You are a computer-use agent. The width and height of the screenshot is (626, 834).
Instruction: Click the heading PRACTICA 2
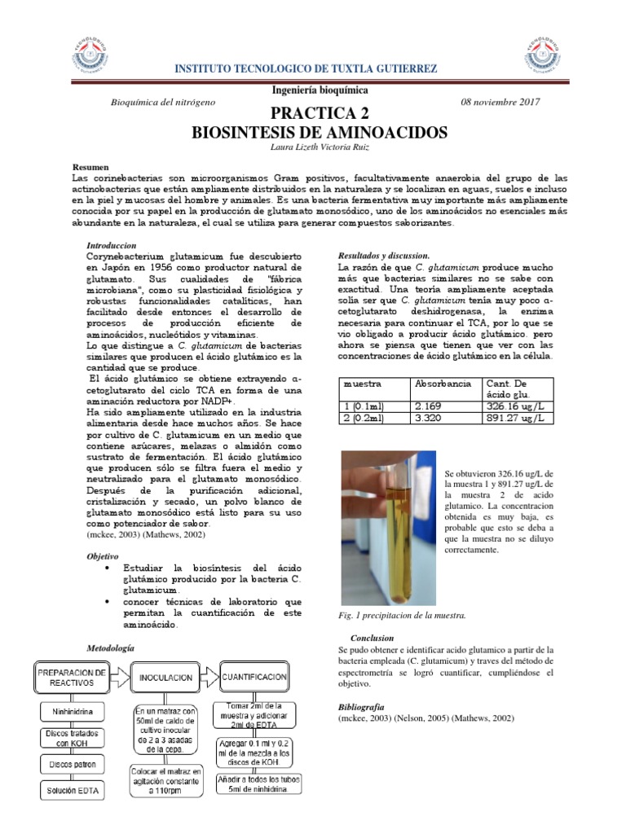pos(320,112)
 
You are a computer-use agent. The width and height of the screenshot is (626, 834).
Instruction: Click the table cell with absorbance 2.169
pos(429,405)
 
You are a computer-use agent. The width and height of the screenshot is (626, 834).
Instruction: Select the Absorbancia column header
pos(443,383)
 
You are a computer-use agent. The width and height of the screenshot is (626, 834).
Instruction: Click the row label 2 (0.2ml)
pos(365,417)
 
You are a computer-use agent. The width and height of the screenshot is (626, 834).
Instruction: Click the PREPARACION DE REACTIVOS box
pos(71,678)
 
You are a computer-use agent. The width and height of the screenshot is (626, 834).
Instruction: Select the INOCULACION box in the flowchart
pos(165,677)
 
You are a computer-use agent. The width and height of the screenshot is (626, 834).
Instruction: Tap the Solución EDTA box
pos(71,789)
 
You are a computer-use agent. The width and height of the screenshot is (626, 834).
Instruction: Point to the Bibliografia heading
pos(360,707)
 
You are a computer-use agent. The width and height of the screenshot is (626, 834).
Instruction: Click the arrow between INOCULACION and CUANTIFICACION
pos(210,675)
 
